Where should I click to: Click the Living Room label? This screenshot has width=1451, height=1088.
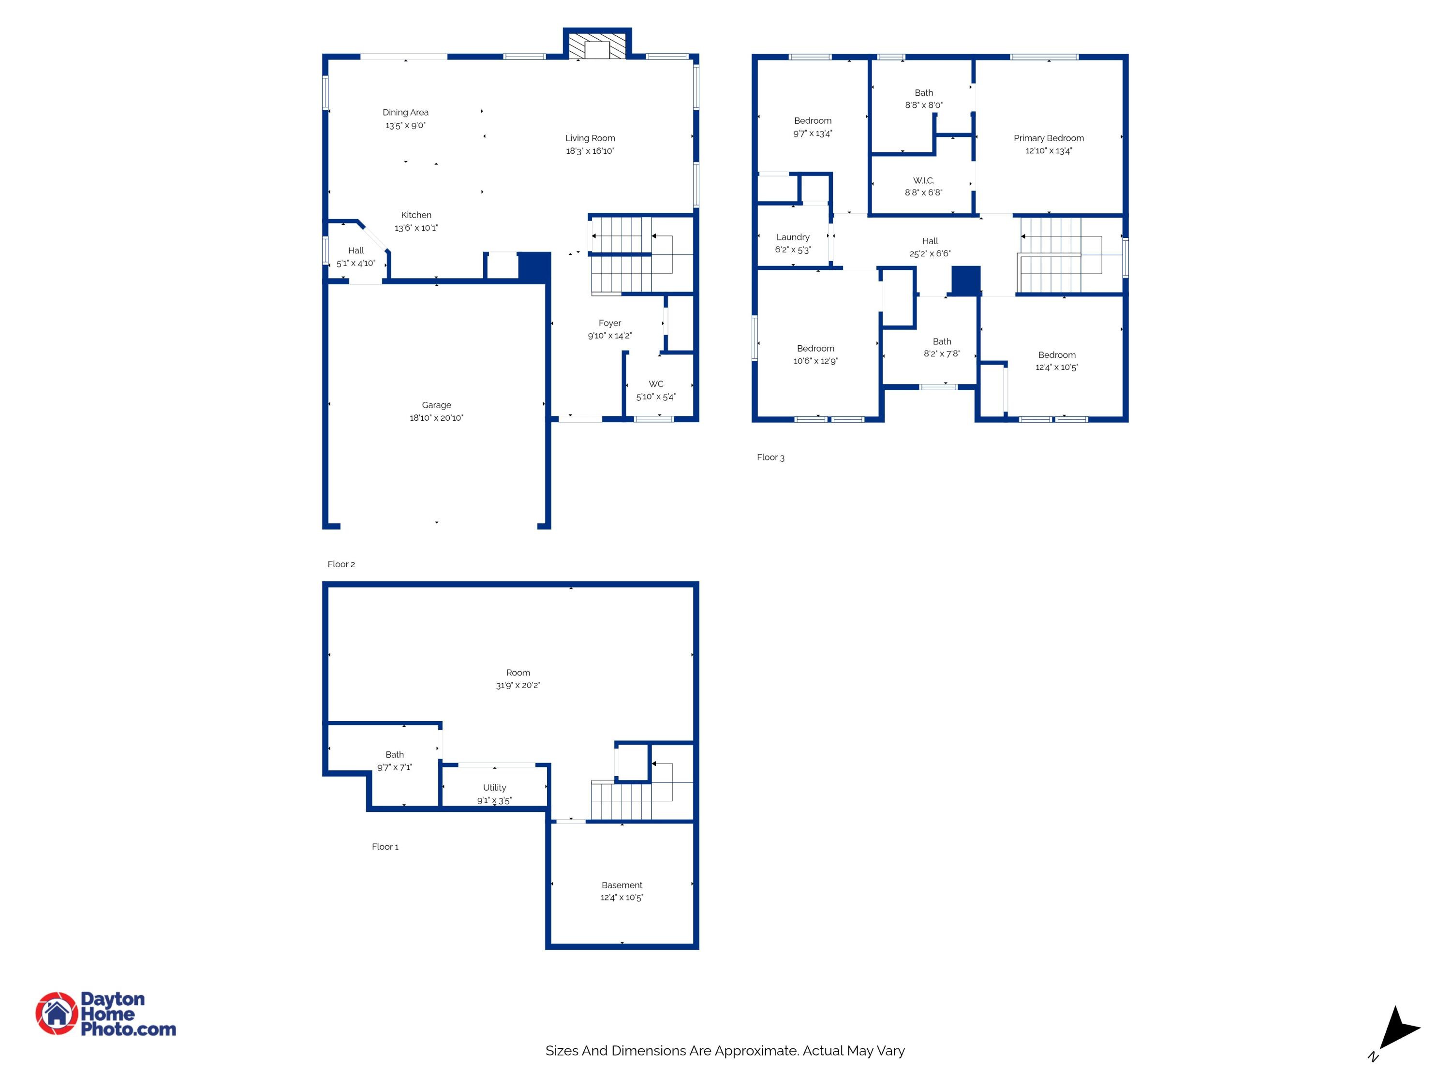(590, 138)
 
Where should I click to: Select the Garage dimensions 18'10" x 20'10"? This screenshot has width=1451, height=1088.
(436, 418)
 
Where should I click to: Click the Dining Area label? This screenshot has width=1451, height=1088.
(405, 113)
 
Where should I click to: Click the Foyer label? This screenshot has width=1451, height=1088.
(609, 323)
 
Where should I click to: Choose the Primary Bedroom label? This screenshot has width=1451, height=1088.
(1048, 138)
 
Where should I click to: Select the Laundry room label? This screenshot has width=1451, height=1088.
(792, 237)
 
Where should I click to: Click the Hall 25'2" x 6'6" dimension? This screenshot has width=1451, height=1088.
(930, 254)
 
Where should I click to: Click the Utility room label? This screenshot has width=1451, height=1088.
(495, 788)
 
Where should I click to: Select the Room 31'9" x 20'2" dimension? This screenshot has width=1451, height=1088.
(518, 685)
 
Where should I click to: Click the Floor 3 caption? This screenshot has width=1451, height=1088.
(770, 458)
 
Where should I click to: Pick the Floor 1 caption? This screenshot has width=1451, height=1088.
(385, 847)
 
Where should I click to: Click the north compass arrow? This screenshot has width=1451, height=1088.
(1397, 1029)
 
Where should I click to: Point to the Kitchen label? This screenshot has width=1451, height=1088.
(416, 215)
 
